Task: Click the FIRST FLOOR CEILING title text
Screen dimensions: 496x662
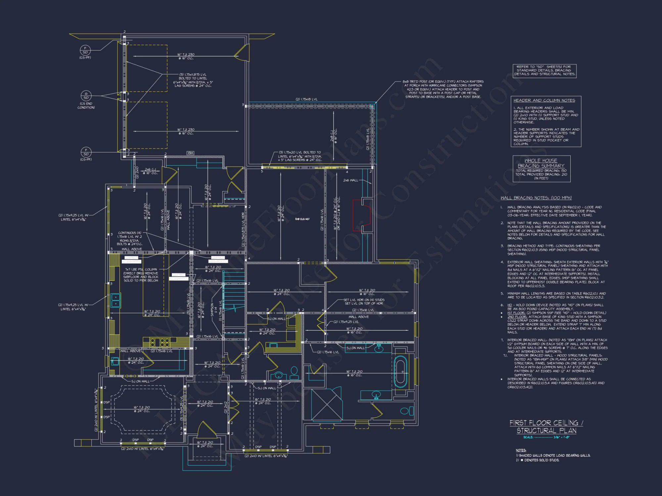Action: [x=546, y=423]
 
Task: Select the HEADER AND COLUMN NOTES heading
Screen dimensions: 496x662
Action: [x=544, y=100]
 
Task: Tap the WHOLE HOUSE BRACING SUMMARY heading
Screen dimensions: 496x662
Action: [x=541, y=163]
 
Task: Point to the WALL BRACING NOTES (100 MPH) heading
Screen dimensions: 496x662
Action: [x=536, y=198]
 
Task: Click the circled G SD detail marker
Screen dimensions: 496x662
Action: [x=86, y=96]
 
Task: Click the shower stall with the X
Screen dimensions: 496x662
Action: [x=327, y=404]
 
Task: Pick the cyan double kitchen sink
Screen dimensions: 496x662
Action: [x=116, y=300]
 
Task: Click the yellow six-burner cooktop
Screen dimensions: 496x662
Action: [x=160, y=342]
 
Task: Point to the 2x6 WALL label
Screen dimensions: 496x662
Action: [x=351, y=180]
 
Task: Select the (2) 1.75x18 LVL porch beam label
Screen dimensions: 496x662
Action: [x=306, y=99]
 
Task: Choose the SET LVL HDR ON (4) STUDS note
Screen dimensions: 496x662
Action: [x=364, y=302]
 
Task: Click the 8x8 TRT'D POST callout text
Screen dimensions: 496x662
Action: [x=443, y=89]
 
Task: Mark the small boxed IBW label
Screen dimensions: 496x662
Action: [x=190, y=153]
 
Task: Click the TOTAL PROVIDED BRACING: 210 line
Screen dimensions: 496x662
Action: [x=541, y=174]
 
